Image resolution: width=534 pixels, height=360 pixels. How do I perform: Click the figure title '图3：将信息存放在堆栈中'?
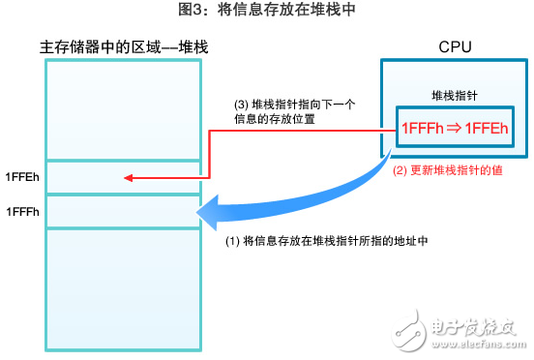pyautogui.click(x=267, y=12)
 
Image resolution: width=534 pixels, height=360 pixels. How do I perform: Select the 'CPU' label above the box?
pyautogui.click(x=454, y=46)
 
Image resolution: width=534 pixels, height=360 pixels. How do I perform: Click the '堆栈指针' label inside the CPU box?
pyautogui.click(x=454, y=97)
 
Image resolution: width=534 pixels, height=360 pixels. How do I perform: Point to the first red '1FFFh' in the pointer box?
pyautogui.click(x=421, y=127)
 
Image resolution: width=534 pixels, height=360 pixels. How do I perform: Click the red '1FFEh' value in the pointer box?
pyautogui.click(x=487, y=127)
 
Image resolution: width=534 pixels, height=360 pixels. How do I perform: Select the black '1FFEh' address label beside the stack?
pyautogui.click(x=22, y=176)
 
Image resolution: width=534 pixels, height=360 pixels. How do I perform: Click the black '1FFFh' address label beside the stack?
pyautogui.click(x=22, y=211)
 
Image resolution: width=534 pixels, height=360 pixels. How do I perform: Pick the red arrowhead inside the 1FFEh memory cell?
pyautogui.click(x=128, y=177)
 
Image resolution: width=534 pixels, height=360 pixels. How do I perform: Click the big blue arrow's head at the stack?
pyautogui.click(x=206, y=211)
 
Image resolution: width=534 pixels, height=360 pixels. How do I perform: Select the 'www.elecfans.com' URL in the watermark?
pyautogui.click(x=471, y=345)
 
